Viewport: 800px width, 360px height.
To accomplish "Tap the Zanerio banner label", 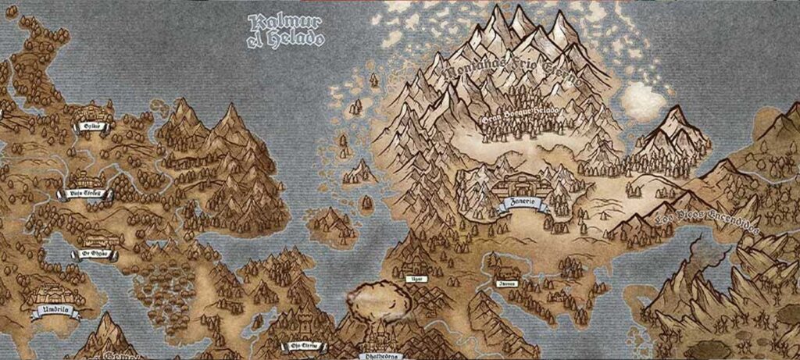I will click(x=523, y=206).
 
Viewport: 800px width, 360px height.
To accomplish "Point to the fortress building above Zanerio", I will click(x=523, y=186).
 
